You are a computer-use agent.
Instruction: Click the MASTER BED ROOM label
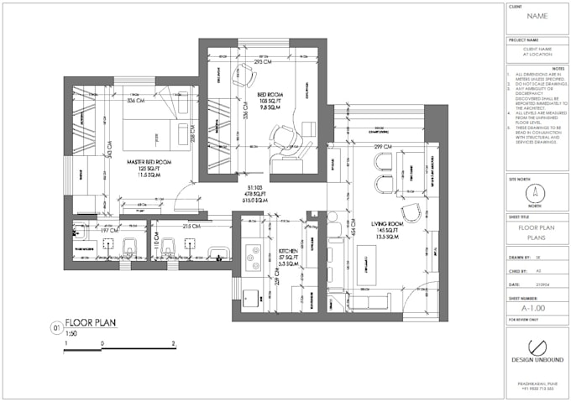[x=149, y=161]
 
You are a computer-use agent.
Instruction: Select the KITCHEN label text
[x=289, y=252]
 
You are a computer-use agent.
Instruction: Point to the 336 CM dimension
[x=136, y=102]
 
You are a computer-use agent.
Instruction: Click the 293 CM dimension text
[x=263, y=62]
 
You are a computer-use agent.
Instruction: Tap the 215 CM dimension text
[x=192, y=227]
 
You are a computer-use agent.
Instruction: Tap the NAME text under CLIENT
[x=537, y=17]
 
